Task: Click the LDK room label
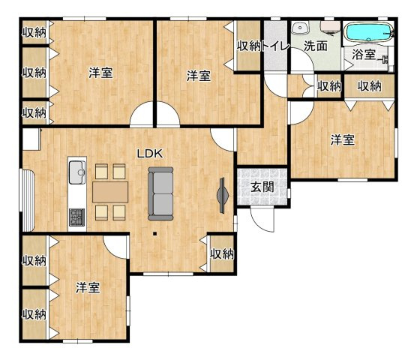click(149, 154)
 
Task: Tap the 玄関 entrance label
click(262, 187)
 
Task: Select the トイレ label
click(275, 46)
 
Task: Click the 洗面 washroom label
click(316, 46)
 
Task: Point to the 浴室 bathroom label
click(364, 55)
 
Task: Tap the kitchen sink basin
click(77, 172)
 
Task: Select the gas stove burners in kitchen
click(77, 217)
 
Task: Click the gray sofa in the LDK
click(160, 193)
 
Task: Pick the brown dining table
click(110, 192)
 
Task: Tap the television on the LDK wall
click(222, 196)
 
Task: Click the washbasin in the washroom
click(301, 28)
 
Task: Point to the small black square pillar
click(154, 234)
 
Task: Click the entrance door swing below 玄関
click(262, 220)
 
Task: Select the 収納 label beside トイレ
click(249, 46)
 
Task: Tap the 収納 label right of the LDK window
click(222, 254)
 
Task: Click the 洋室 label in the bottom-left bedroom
click(88, 288)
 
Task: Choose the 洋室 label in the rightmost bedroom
click(343, 140)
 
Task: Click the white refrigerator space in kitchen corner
click(31, 139)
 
